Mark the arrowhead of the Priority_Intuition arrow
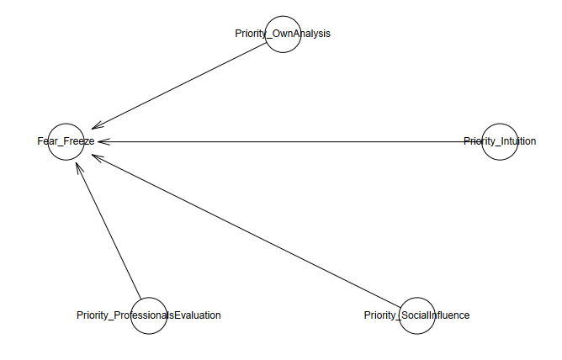[101, 141]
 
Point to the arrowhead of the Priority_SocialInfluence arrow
[94, 156]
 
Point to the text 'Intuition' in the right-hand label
[517, 141]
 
